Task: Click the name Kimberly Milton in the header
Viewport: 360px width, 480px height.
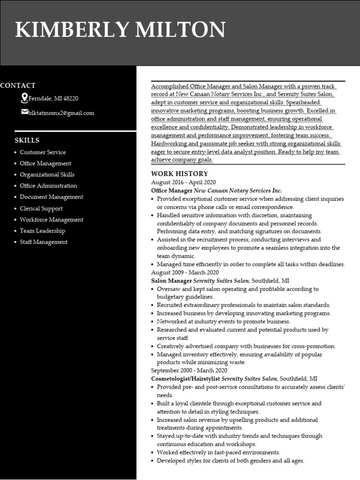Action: (120, 30)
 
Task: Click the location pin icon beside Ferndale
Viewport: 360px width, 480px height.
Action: (24, 98)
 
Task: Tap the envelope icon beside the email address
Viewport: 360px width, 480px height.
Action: (24, 112)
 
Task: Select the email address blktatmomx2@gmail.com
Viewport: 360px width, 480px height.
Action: (61, 113)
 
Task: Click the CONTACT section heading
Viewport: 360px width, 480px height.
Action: (18, 85)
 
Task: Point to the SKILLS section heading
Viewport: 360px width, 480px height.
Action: (27, 140)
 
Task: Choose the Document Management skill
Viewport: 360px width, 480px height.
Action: (51, 197)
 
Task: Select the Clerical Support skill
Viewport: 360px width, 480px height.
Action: (41, 208)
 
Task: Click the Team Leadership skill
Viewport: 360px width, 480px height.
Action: (42, 231)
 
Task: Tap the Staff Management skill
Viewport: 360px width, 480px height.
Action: (44, 242)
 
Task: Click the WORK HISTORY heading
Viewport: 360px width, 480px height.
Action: (172, 173)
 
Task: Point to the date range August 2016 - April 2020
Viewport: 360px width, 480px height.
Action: (183, 182)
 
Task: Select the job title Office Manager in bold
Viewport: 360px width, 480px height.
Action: (172, 191)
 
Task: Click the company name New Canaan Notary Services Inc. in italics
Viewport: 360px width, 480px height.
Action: (238, 191)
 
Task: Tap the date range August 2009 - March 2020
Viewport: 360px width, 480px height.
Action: (185, 272)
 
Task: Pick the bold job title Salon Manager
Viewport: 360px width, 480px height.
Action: (172, 281)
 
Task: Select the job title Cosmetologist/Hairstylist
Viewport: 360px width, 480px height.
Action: (186, 378)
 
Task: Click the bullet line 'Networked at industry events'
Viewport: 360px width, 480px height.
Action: (223, 322)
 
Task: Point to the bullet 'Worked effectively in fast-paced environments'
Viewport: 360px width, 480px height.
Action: (218, 452)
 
